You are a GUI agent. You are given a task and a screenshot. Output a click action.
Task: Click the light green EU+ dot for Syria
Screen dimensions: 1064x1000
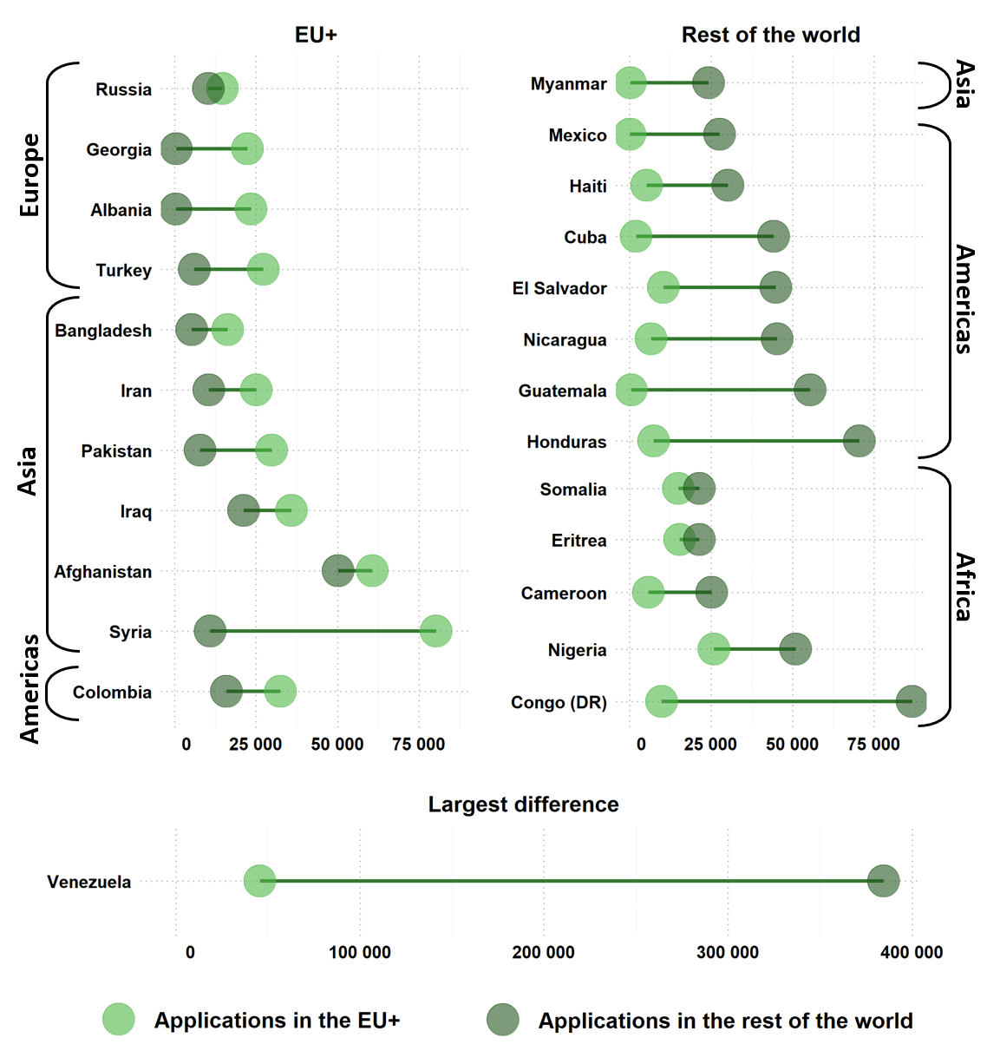click(x=435, y=631)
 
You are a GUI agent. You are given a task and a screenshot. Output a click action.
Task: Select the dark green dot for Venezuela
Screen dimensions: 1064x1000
click(x=883, y=881)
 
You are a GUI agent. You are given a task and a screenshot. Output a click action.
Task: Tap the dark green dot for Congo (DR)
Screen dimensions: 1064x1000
click(x=911, y=701)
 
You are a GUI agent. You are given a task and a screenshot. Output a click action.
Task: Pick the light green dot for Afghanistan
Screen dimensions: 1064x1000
click(x=372, y=571)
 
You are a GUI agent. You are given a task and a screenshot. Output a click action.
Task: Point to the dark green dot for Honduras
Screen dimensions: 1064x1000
click(x=859, y=441)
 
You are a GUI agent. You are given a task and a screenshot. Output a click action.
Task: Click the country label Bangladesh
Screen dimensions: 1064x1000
click(x=103, y=331)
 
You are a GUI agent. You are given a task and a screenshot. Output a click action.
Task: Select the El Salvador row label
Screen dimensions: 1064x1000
click(x=559, y=288)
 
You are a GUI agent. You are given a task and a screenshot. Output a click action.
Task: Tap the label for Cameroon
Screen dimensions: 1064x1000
click(x=564, y=594)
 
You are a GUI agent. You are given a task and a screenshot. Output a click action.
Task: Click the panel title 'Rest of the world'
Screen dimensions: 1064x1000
click(x=770, y=35)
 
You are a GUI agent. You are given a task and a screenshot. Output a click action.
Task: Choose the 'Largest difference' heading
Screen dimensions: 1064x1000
click(x=523, y=805)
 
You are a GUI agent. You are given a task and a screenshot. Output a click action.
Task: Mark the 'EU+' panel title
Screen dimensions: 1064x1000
click(x=316, y=35)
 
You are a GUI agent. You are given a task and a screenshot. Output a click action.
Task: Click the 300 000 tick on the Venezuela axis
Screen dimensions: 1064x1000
click(x=727, y=953)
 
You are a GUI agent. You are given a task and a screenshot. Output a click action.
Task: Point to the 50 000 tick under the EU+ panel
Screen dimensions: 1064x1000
click(x=337, y=745)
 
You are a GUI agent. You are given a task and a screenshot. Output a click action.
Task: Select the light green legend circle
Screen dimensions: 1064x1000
click(x=119, y=1020)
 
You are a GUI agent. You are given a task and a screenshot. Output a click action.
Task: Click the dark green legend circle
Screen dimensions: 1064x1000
click(x=503, y=1020)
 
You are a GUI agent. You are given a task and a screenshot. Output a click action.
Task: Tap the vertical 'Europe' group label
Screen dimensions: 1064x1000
click(x=30, y=174)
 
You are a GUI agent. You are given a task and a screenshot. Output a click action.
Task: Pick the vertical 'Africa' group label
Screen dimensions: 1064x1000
click(x=964, y=587)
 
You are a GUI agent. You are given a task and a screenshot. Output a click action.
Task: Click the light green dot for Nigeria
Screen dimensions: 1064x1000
click(x=714, y=649)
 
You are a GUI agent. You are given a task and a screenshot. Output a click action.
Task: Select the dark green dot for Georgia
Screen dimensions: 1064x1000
click(x=176, y=148)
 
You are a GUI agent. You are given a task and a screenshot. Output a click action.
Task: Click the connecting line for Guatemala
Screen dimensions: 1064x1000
click(x=720, y=390)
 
